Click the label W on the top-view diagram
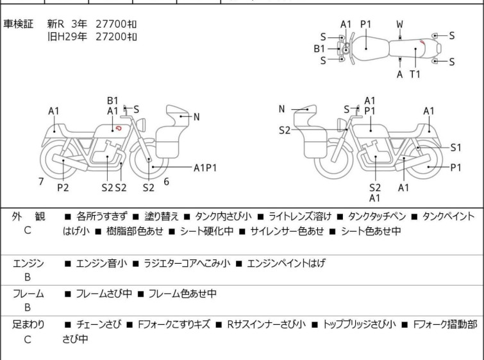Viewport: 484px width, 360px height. [399, 24]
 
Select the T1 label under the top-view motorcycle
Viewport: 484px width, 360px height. [415, 74]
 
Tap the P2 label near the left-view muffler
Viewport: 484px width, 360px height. [63, 187]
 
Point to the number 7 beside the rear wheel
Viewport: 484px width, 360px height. [41, 182]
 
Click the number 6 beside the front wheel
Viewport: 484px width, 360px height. [166, 182]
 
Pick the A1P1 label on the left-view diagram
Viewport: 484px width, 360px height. [205, 167]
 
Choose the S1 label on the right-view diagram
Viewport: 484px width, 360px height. [456, 147]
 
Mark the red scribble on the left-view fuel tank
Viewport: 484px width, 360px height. [119, 128]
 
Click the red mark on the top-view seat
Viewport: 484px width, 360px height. [421, 43]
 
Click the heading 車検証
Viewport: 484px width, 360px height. [19, 24]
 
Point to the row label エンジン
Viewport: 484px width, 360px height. [28, 263]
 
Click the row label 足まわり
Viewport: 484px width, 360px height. [28, 325]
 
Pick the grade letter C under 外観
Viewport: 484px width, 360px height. [28, 230]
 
